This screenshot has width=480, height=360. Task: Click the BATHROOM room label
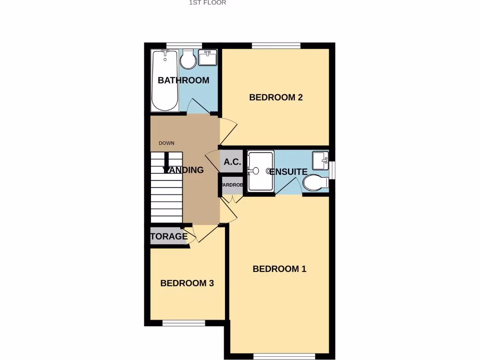(x=183, y=80)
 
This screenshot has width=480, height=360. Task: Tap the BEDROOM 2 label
(x=276, y=97)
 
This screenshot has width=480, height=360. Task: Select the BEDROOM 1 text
(x=279, y=269)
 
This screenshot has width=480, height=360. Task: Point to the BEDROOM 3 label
(x=187, y=283)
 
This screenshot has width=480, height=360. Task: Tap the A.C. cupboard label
(x=232, y=162)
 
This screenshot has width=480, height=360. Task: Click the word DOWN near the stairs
(x=166, y=143)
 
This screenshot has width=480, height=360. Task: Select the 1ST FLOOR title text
(x=207, y=3)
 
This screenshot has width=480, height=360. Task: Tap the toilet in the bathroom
(x=188, y=59)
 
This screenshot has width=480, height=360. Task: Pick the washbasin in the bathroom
(x=208, y=58)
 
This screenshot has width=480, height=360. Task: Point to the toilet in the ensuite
(x=315, y=182)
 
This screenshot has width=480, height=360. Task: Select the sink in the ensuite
(x=321, y=160)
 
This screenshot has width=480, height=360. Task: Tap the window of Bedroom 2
(x=276, y=45)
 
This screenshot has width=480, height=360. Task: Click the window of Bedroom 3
(x=183, y=323)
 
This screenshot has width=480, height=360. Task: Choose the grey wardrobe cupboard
(x=232, y=185)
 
